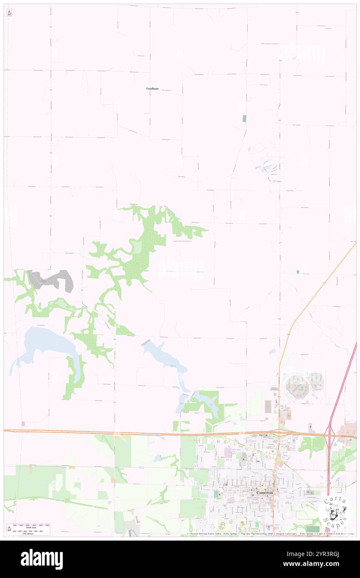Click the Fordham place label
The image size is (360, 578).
click(x=152, y=89)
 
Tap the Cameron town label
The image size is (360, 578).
click(x=264, y=492)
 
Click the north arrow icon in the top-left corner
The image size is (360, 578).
click(x=9, y=13)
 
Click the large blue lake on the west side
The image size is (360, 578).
click(x=46, y=343)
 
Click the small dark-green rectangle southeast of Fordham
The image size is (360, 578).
click(x=244, y=118)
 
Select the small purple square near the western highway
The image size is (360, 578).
click(x=23, y=424)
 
